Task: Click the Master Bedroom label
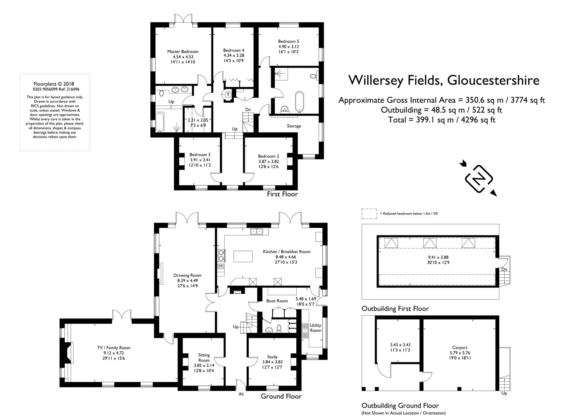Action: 183,52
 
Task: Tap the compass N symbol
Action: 479,179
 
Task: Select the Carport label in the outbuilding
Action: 460,347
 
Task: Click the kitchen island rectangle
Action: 243,256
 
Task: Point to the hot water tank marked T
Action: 228,94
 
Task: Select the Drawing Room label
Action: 187,275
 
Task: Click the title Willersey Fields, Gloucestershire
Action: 444,80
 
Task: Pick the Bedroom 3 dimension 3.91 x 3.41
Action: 200,160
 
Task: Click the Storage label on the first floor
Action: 294,126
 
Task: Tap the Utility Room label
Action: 315,328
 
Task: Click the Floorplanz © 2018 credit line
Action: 54,84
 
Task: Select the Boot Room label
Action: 277,301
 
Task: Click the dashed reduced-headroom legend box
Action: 369,214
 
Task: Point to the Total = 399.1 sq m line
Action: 442,120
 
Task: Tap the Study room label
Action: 272,357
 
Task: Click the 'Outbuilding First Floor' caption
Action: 395,309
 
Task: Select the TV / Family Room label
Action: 113,347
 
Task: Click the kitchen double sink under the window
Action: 257,231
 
